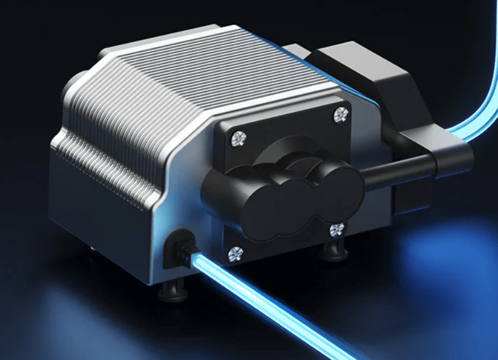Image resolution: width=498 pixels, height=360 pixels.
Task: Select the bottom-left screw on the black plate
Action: [x=235, y=253]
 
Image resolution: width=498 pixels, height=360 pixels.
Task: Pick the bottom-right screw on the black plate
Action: [x=337, y=230]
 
